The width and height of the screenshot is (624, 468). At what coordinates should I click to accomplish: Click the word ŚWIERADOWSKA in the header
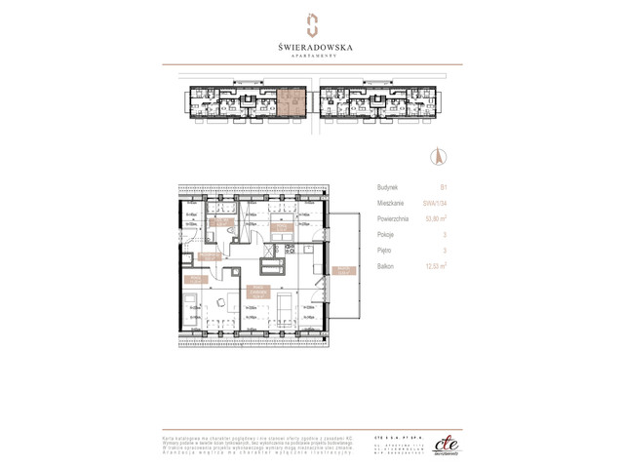tap(311, 42)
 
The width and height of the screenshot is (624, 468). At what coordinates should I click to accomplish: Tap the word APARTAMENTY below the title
tap(311, 55)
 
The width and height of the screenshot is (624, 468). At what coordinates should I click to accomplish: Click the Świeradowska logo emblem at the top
tap(311, 21)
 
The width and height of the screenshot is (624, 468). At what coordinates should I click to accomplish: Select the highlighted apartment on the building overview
tap(291, 100)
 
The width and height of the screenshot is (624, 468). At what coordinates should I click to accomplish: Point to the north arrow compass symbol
tap(437, 155)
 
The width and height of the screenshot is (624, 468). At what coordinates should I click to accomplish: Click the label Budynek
tap(387, 187)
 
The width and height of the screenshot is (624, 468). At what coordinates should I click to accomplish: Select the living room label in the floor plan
tap(257, 290)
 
